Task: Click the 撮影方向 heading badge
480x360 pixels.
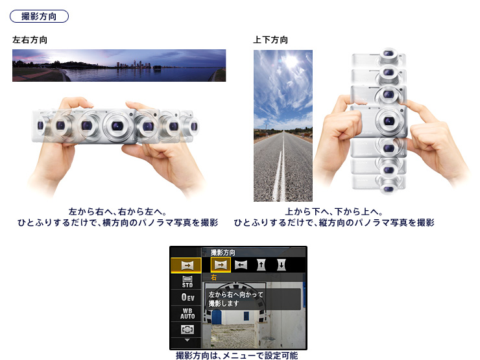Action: (39, 16)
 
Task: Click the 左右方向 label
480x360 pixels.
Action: (30, 40)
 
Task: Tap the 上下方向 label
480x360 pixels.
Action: (270, 40)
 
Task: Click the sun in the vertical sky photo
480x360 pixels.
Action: (291, 61)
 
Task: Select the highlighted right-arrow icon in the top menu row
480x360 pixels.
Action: (221, 265)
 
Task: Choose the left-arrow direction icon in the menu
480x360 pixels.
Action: (241, 265)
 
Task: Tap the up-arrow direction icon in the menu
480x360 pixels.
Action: (261, 265)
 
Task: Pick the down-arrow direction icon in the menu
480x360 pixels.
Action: (281, 265)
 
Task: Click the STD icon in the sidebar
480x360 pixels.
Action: (187, 282)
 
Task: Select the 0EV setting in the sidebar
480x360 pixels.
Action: (187, 297)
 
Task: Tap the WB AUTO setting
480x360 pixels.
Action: (187, 314)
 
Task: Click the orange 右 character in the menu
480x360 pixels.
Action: (213, 278)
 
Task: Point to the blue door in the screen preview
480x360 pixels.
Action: (217, 317)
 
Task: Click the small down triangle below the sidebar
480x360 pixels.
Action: (187, 340)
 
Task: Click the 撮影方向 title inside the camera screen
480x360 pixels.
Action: (223, 252)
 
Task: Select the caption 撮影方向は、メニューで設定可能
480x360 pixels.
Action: (237, 355)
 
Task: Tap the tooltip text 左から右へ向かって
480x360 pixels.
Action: (235, 294)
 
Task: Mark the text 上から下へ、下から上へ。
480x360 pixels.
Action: (334, 212)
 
